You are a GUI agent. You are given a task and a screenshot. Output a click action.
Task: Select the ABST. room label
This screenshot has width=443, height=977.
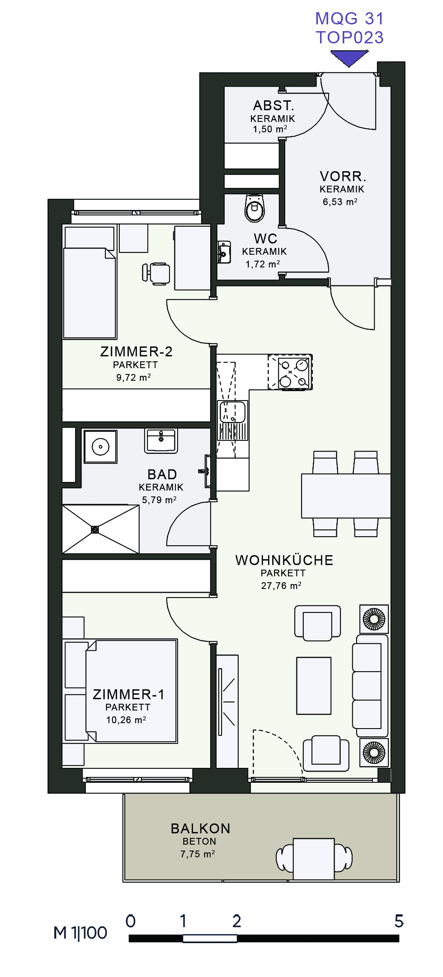point(273,106)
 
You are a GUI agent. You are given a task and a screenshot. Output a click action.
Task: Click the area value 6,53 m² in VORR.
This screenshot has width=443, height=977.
point(340,202)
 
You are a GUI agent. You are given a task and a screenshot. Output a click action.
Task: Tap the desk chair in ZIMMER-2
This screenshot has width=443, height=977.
point(156,273)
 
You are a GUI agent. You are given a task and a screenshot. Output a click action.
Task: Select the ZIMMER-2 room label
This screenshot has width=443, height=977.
point(136,351)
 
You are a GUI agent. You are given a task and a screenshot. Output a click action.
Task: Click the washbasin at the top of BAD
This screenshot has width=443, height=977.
point(161,441)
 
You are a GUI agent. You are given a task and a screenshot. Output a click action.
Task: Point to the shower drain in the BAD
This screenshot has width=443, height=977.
point(95,529)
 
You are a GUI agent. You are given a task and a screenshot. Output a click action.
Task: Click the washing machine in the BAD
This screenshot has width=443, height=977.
point(100,447)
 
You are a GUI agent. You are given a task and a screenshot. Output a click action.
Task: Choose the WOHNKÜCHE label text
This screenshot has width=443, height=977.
point(284,560)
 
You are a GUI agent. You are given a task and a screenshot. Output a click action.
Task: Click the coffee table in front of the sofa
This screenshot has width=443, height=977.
point(314,686)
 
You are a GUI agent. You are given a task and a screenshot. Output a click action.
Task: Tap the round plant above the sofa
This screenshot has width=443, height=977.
point(374,619)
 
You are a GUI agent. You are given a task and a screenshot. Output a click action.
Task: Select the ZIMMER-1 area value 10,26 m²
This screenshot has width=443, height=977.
point(126,720)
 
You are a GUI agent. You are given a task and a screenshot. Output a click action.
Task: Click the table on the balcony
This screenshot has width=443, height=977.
point(314,859)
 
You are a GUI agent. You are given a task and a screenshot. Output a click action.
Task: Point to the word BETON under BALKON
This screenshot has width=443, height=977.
point(199,841)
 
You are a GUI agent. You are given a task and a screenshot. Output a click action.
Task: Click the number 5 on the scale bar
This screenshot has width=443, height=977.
point(399,921)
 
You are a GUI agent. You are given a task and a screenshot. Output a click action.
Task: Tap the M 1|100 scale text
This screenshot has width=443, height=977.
point(80,933)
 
